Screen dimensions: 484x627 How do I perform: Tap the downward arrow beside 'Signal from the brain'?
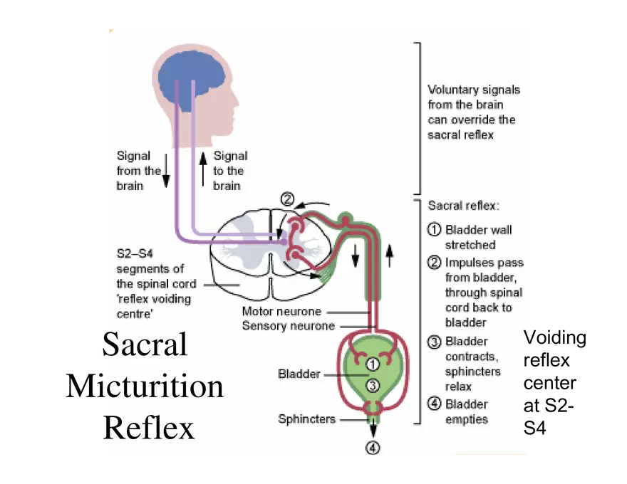click(x=165, y=171)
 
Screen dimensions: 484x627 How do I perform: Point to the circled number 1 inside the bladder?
click(x=372, y=364)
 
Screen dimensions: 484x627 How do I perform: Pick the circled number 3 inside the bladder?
click(x=372, y=385)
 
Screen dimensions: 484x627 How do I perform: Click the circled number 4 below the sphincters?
click(x=373, y=448)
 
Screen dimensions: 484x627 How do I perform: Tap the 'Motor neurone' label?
click(x=281, y=312)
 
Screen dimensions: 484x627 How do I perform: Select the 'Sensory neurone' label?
click(x=288, y=326)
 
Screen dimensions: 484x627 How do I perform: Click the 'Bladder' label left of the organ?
click(x=299, y=374)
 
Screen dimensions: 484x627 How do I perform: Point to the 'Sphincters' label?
click(x=306, y=419)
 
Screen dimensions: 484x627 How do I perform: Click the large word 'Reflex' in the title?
click(x=150, y=428)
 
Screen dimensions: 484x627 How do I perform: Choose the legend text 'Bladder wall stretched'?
click(x=478, y=237)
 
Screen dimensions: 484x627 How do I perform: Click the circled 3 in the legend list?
click(x=434, y=342)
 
